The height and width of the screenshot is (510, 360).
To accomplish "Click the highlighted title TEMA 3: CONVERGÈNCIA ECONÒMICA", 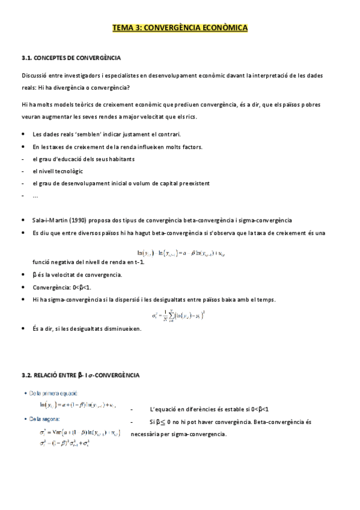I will (180, 28).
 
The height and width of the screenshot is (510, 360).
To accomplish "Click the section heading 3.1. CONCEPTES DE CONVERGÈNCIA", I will (71, 58).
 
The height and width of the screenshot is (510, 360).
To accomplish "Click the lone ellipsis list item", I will (35, 196).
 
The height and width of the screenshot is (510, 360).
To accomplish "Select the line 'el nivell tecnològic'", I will (58, 171).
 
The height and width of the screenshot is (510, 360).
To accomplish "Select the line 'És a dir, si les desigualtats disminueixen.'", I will (87, 329).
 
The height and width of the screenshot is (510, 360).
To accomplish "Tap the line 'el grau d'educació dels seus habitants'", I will (84, 159).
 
